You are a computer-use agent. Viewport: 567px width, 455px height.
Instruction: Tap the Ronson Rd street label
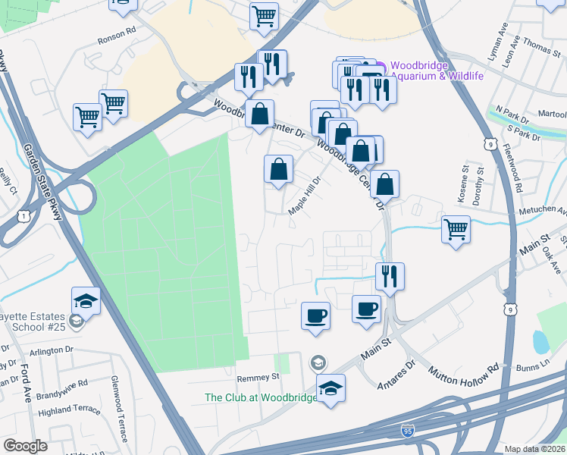point(116,42)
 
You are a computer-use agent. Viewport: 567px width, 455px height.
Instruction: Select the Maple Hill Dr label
point(305,196)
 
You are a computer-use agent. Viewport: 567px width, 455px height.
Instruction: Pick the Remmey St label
point(258,376)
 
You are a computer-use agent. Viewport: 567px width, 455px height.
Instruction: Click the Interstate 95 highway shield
point(408,431)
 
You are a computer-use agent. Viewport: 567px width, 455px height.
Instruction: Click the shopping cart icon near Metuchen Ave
point(456,228)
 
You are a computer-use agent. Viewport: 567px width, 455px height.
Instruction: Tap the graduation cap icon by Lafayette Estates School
point(86,300)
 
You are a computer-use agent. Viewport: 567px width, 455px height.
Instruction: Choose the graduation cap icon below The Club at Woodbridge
point(330,388)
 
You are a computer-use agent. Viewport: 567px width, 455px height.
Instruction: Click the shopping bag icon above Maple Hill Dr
point(279,168)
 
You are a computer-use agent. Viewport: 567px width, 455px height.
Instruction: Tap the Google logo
point(25,445)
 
